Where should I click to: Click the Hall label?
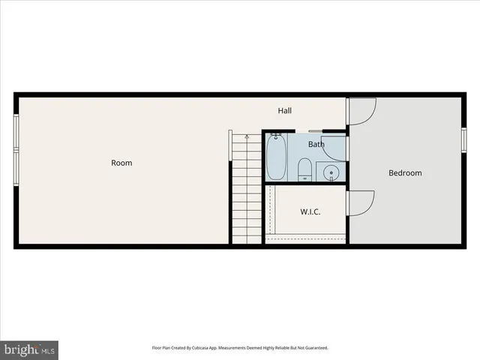(284, 111)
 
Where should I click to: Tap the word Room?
(121, 163)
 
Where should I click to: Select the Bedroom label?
(404, 173)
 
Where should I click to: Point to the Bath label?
(316, 144)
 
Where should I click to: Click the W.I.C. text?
(310, 212)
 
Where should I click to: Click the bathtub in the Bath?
(276, 157)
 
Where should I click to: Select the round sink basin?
(331, 173)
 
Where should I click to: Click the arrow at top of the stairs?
(247, 136)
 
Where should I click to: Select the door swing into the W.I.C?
(361, 202)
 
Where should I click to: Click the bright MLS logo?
(28, 349)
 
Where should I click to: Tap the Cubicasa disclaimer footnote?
(240, 347)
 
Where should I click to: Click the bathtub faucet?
(276, 136)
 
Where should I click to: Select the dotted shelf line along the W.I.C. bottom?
(307, 238)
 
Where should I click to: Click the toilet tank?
(305, 178)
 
